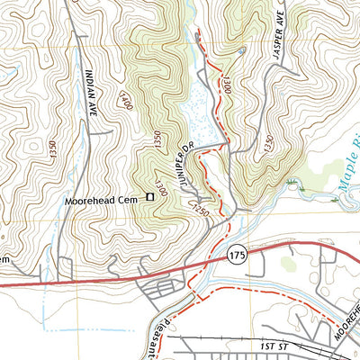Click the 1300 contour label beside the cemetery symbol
(163, 187)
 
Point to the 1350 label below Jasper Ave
(267, 143)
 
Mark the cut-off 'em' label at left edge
(4, 259)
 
